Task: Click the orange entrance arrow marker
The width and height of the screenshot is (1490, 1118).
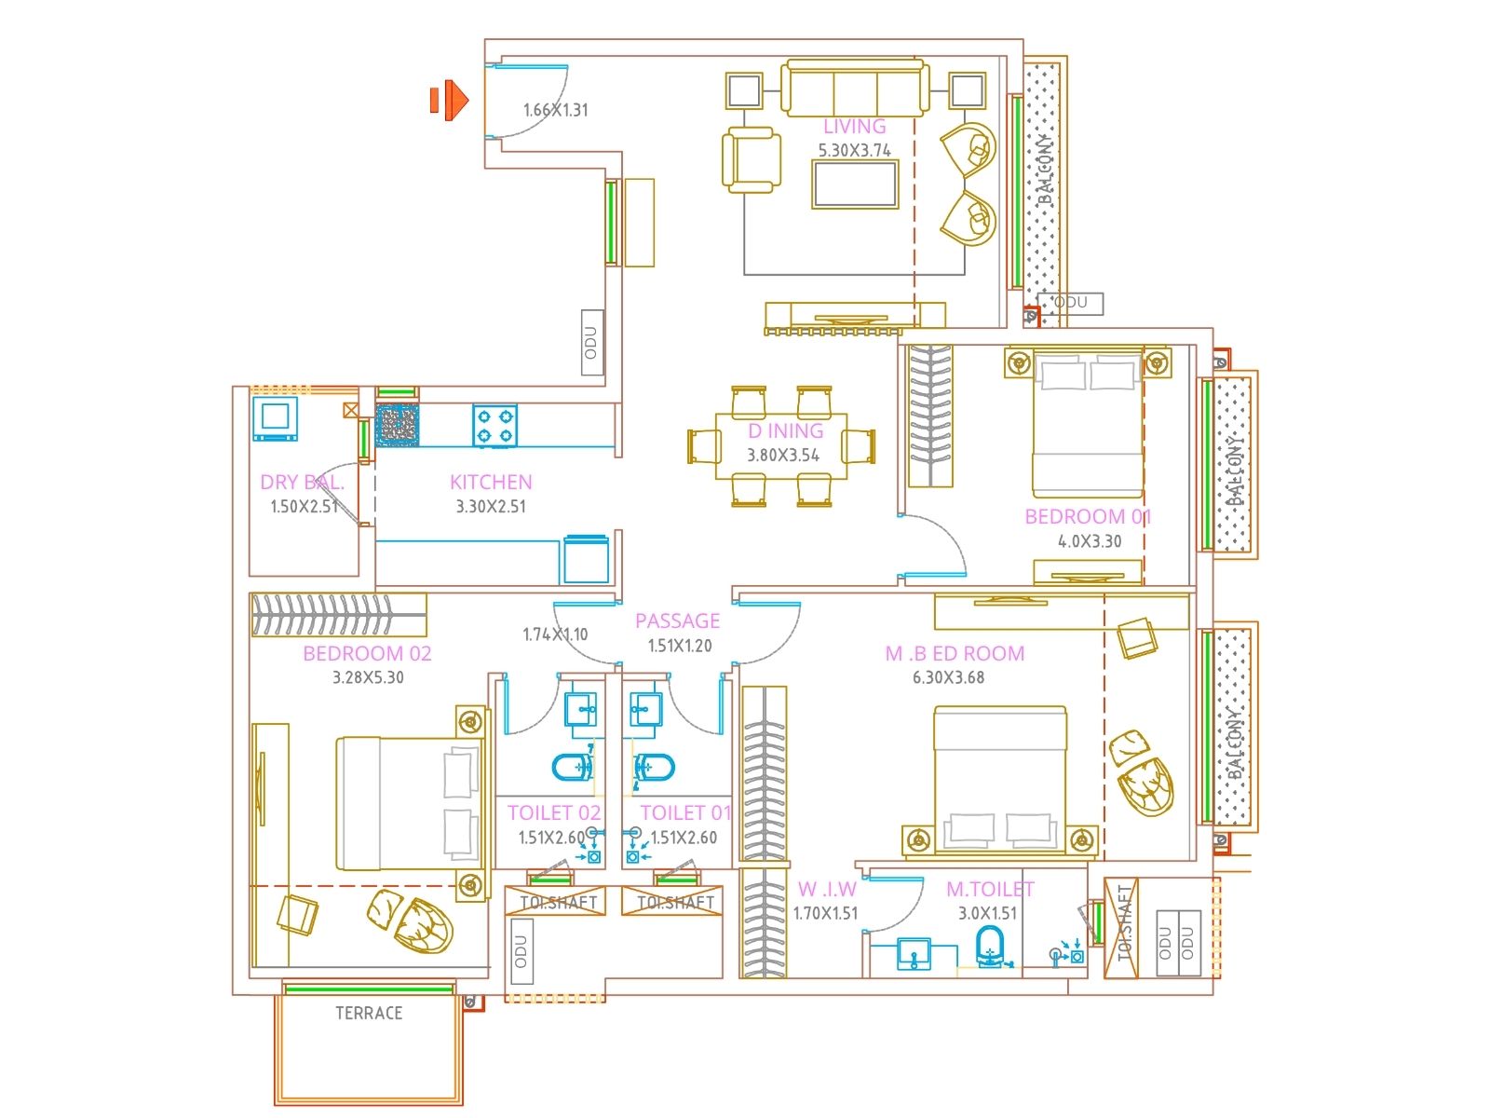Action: (x=451, y=100)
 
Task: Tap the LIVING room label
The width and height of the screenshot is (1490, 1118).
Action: (x=854, y=127)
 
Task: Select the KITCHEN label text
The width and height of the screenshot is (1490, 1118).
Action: (x=491, y=482)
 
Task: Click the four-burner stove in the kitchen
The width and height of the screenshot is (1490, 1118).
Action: (x=494, y=426)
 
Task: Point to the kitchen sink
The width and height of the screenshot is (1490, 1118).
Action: (x=398, y=425)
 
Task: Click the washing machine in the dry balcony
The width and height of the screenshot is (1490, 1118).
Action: (x=275, y=417)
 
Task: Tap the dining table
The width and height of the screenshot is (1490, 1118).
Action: (x=781, y=445)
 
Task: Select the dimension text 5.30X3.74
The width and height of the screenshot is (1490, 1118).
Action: (x=854, y=150)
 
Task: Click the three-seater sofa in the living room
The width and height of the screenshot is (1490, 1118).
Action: (x=854, y=89)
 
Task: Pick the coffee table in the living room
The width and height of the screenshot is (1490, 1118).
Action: (x=855, y=184)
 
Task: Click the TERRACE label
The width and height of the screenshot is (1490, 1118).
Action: (x=369, y=1013)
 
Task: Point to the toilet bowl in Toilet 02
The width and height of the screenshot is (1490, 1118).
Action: (x=572, y=767)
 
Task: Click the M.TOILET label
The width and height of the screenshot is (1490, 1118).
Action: (x=990, y=890)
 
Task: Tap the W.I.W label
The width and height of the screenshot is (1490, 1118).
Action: (x=826, y=890)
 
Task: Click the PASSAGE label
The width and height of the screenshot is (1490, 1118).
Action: (x=677, y=620)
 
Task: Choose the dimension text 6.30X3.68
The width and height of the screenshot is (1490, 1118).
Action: (x=948, y=677)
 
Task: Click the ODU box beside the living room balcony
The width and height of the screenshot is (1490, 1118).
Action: (x=1071, y=303)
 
